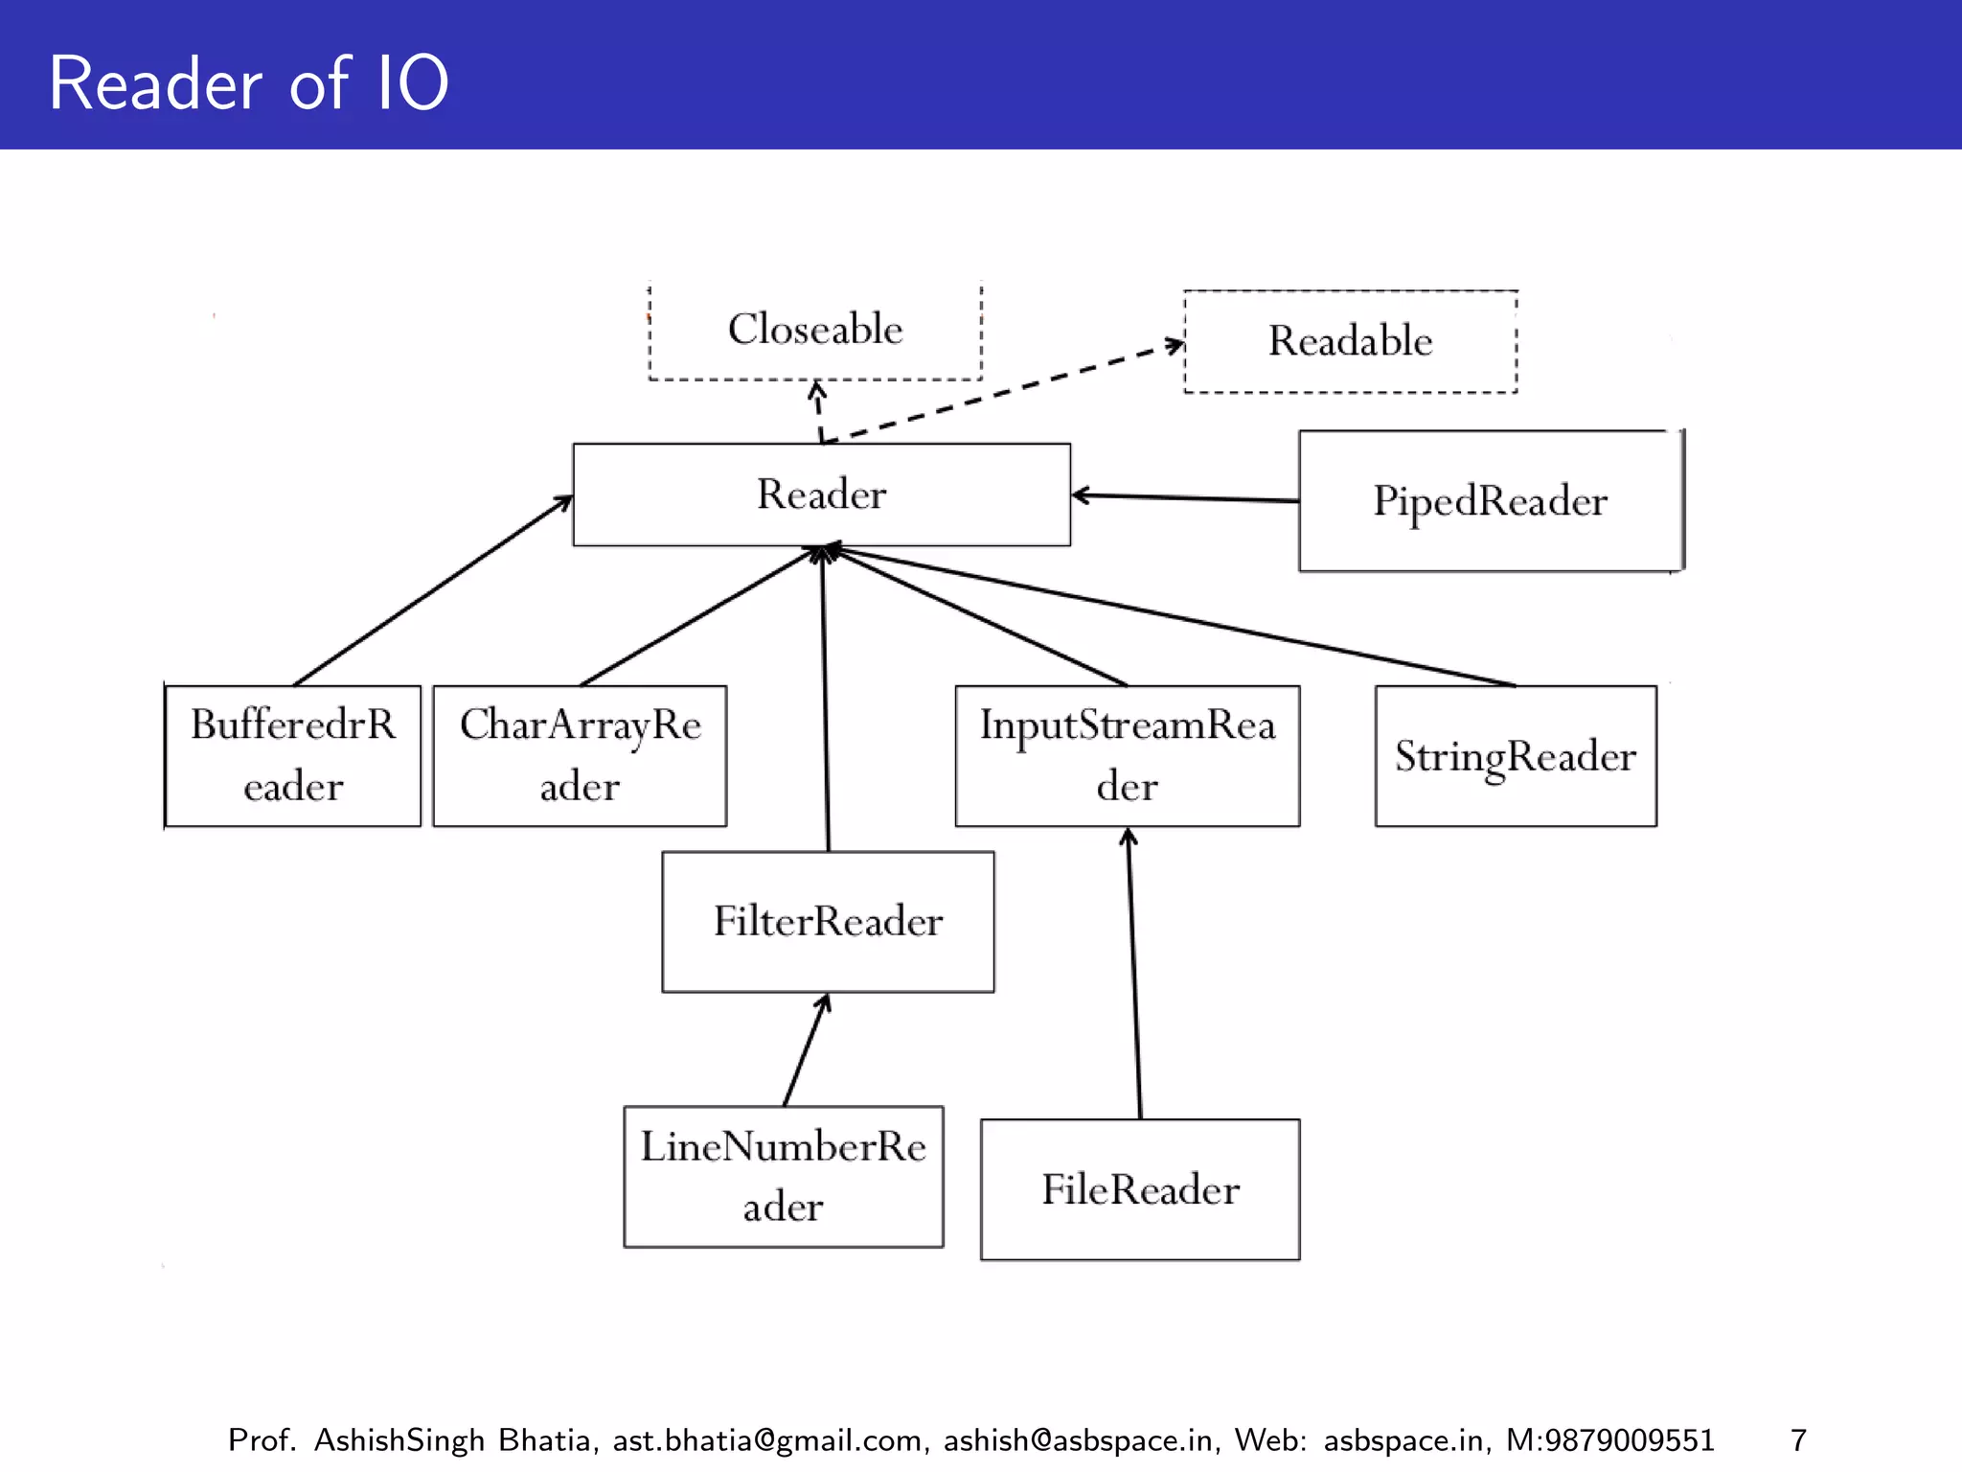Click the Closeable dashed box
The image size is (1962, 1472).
pos(815,330)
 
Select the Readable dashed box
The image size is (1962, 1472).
pos(1350,341)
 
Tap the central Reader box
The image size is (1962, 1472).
pos(821,494)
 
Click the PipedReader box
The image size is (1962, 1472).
pos(1490,501)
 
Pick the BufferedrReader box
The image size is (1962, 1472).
pos(293,755)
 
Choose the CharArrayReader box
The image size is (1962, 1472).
pos(580,755)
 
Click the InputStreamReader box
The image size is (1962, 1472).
pos(1128,755)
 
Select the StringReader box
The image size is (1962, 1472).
pos(1516,755)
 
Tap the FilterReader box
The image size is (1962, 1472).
pos(828,921)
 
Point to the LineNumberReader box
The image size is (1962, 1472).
pos(783,1176)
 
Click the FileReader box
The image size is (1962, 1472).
pos(1140,1189)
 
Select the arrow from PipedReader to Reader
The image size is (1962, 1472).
pos(1186,497)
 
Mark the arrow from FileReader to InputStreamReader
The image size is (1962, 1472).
pos(1134,973)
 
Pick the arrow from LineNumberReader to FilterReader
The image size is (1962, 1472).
pos(806,1050)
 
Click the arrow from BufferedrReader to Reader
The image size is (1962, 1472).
pos(432,590)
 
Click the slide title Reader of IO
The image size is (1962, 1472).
pos(248,83)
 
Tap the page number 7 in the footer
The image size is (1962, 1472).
pos(1798,1439)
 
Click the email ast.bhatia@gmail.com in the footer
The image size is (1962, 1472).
pos(767,1439)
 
